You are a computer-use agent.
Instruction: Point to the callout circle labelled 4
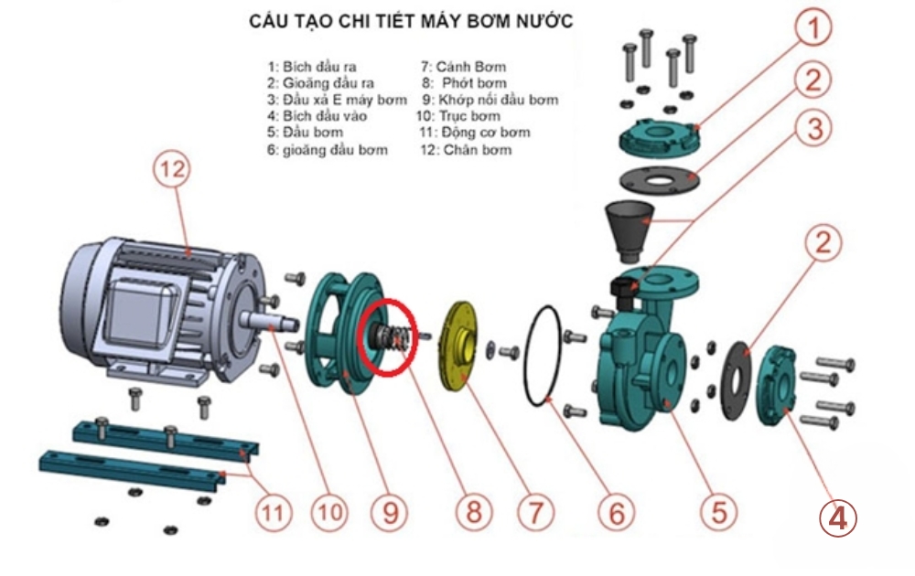click(x=837, y=517)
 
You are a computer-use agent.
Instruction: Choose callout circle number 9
click(x=390, y=512)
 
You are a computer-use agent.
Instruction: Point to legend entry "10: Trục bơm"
click(x=459, y=116)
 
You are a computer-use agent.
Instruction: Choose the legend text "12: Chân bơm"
click(x=464, y=149)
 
